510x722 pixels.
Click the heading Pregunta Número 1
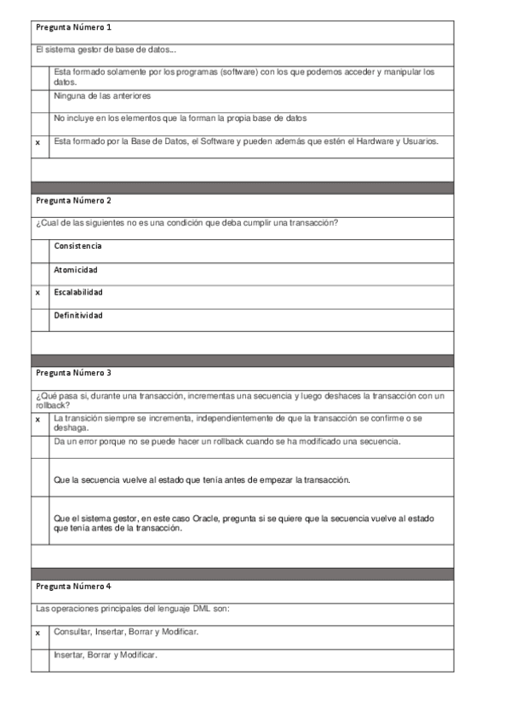click(x=73, y=28)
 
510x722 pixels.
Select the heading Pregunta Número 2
click(x=73, y=201)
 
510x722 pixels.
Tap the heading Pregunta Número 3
click(x=73, y=373)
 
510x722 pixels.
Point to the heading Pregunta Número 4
click(x=73, y=587)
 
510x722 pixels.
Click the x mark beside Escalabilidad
click(x=37, y=293)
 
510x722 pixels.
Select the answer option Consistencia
click(x=77, y=246)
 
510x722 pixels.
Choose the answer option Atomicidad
click(x=75, y=270)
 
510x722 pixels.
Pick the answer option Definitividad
click(x=77, y=316)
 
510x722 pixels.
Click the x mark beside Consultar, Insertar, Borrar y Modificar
click(x=37, y=633)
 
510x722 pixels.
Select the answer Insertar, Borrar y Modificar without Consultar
click(x=106, y=655)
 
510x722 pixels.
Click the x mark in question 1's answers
click(x=37, y=142)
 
